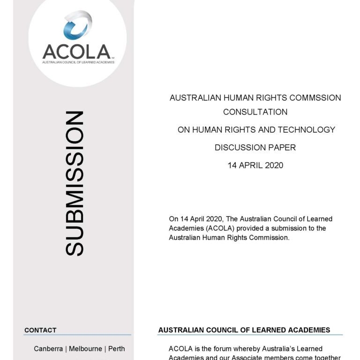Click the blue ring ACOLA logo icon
pyautogui.click(x=78, y=26)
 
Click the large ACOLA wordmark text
pyautogui.click(x=76, y=52)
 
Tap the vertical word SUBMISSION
pyautogui.click(x=75, y=183)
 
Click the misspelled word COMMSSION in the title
pyautogui.click(x=315, y=98)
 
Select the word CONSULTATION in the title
pyautogui.click(x=255, y=112)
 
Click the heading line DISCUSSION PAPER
pyautogui.click(x=255, y=148)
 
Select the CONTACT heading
pyautogui.click(x=40, y=330)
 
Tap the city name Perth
pyautogui.click(x=117, y=349)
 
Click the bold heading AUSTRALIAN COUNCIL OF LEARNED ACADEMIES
pyautogui.click(x=244, y=330)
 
